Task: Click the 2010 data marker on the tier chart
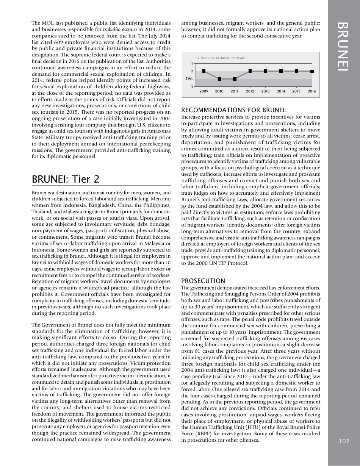click(x=219, y=79)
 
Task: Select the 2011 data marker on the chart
click(x=235, y=79)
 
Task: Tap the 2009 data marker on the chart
click(x=204, y=71)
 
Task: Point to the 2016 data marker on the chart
click(x=312, y=71)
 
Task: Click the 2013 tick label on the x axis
click(x=266, y=91)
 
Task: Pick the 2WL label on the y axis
click(x=189, y=79)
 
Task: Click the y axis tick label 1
click(x=192, y=63)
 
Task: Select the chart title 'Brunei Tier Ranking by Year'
click(x=220, y=58)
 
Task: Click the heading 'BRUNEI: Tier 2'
click(x=66, y=179)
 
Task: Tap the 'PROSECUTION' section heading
click(x=203, y=281)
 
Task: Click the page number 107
click(x=344, y=441)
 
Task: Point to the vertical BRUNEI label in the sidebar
click(x=344, y=46)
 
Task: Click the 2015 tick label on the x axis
click(x=296, y=91)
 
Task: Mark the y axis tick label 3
click(x=192, y=87)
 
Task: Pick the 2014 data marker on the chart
click(x=281, y=71)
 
